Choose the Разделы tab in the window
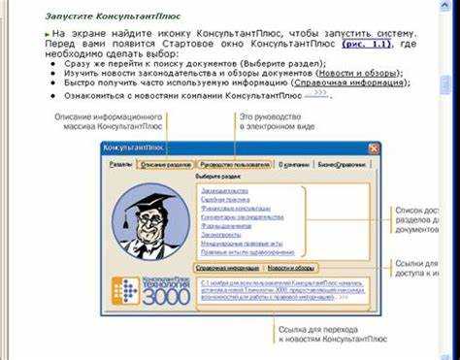click(120, 165)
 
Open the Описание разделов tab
click(165, 165)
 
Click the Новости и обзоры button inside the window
click(291, 267)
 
